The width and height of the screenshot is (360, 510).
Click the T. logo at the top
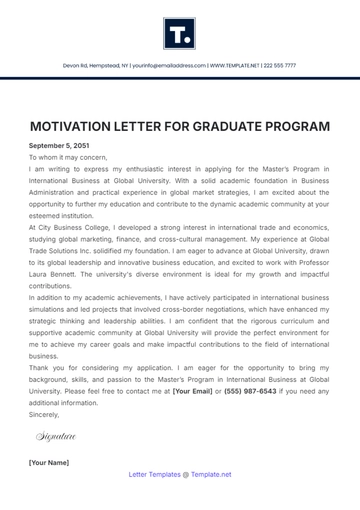180,33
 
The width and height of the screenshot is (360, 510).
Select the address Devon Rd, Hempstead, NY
93,65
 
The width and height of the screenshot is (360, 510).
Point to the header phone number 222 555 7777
280,65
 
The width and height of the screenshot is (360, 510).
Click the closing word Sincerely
45,413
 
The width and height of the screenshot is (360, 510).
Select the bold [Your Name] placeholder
49,462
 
